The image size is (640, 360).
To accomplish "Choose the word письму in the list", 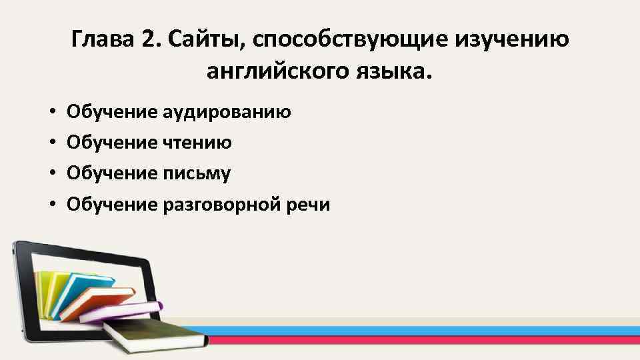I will [197, 173].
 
